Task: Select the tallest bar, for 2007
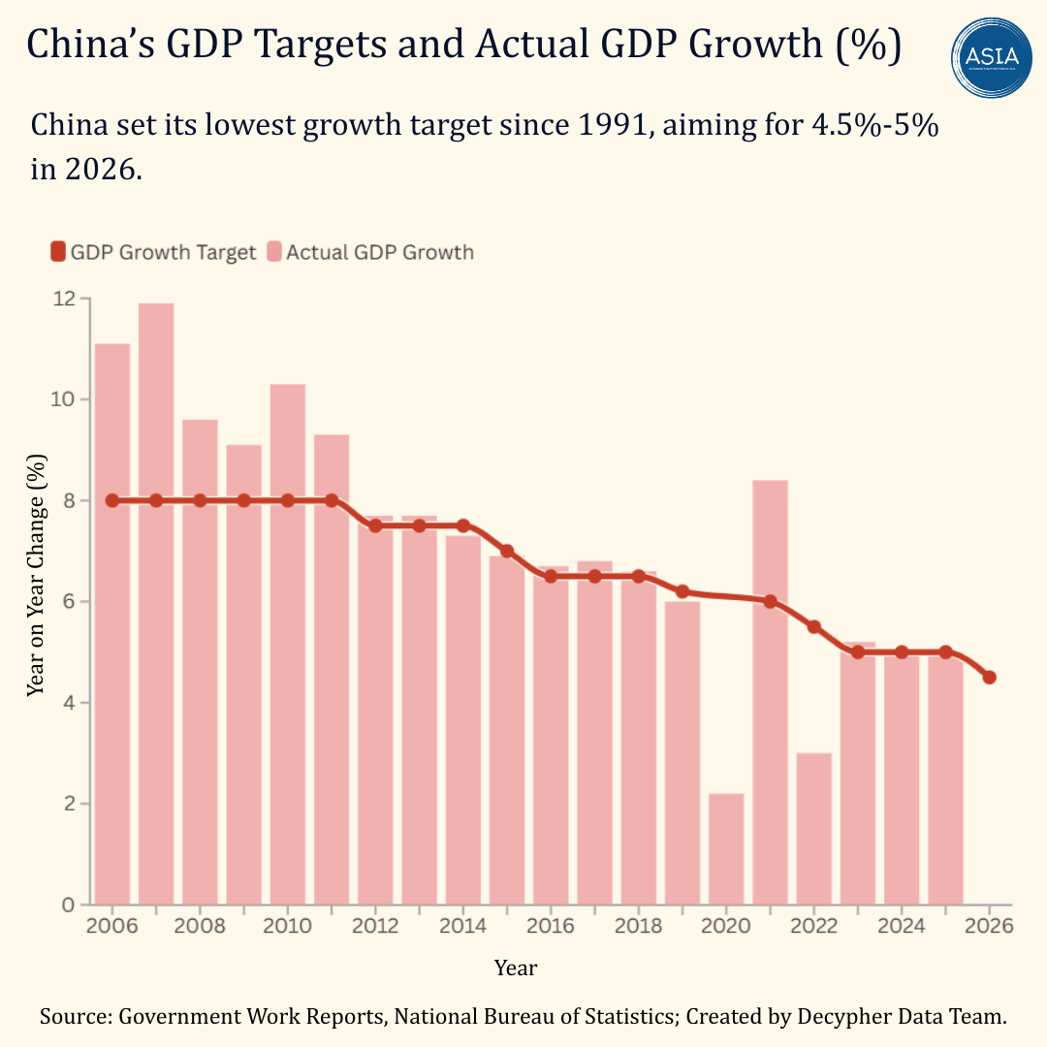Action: tap(156, 601)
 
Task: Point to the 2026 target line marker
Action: tap(990, 678)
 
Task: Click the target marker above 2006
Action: tap(112, 500)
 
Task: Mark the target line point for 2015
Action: tap(507, 551)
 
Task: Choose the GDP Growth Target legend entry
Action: tap(153, 252)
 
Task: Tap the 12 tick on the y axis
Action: tap(65, 299)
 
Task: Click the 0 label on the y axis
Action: tap(69, 905)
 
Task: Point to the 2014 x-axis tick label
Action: tap(463, 926)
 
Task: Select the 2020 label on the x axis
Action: tap(726, 926)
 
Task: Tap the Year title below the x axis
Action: tap(516, 968)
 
